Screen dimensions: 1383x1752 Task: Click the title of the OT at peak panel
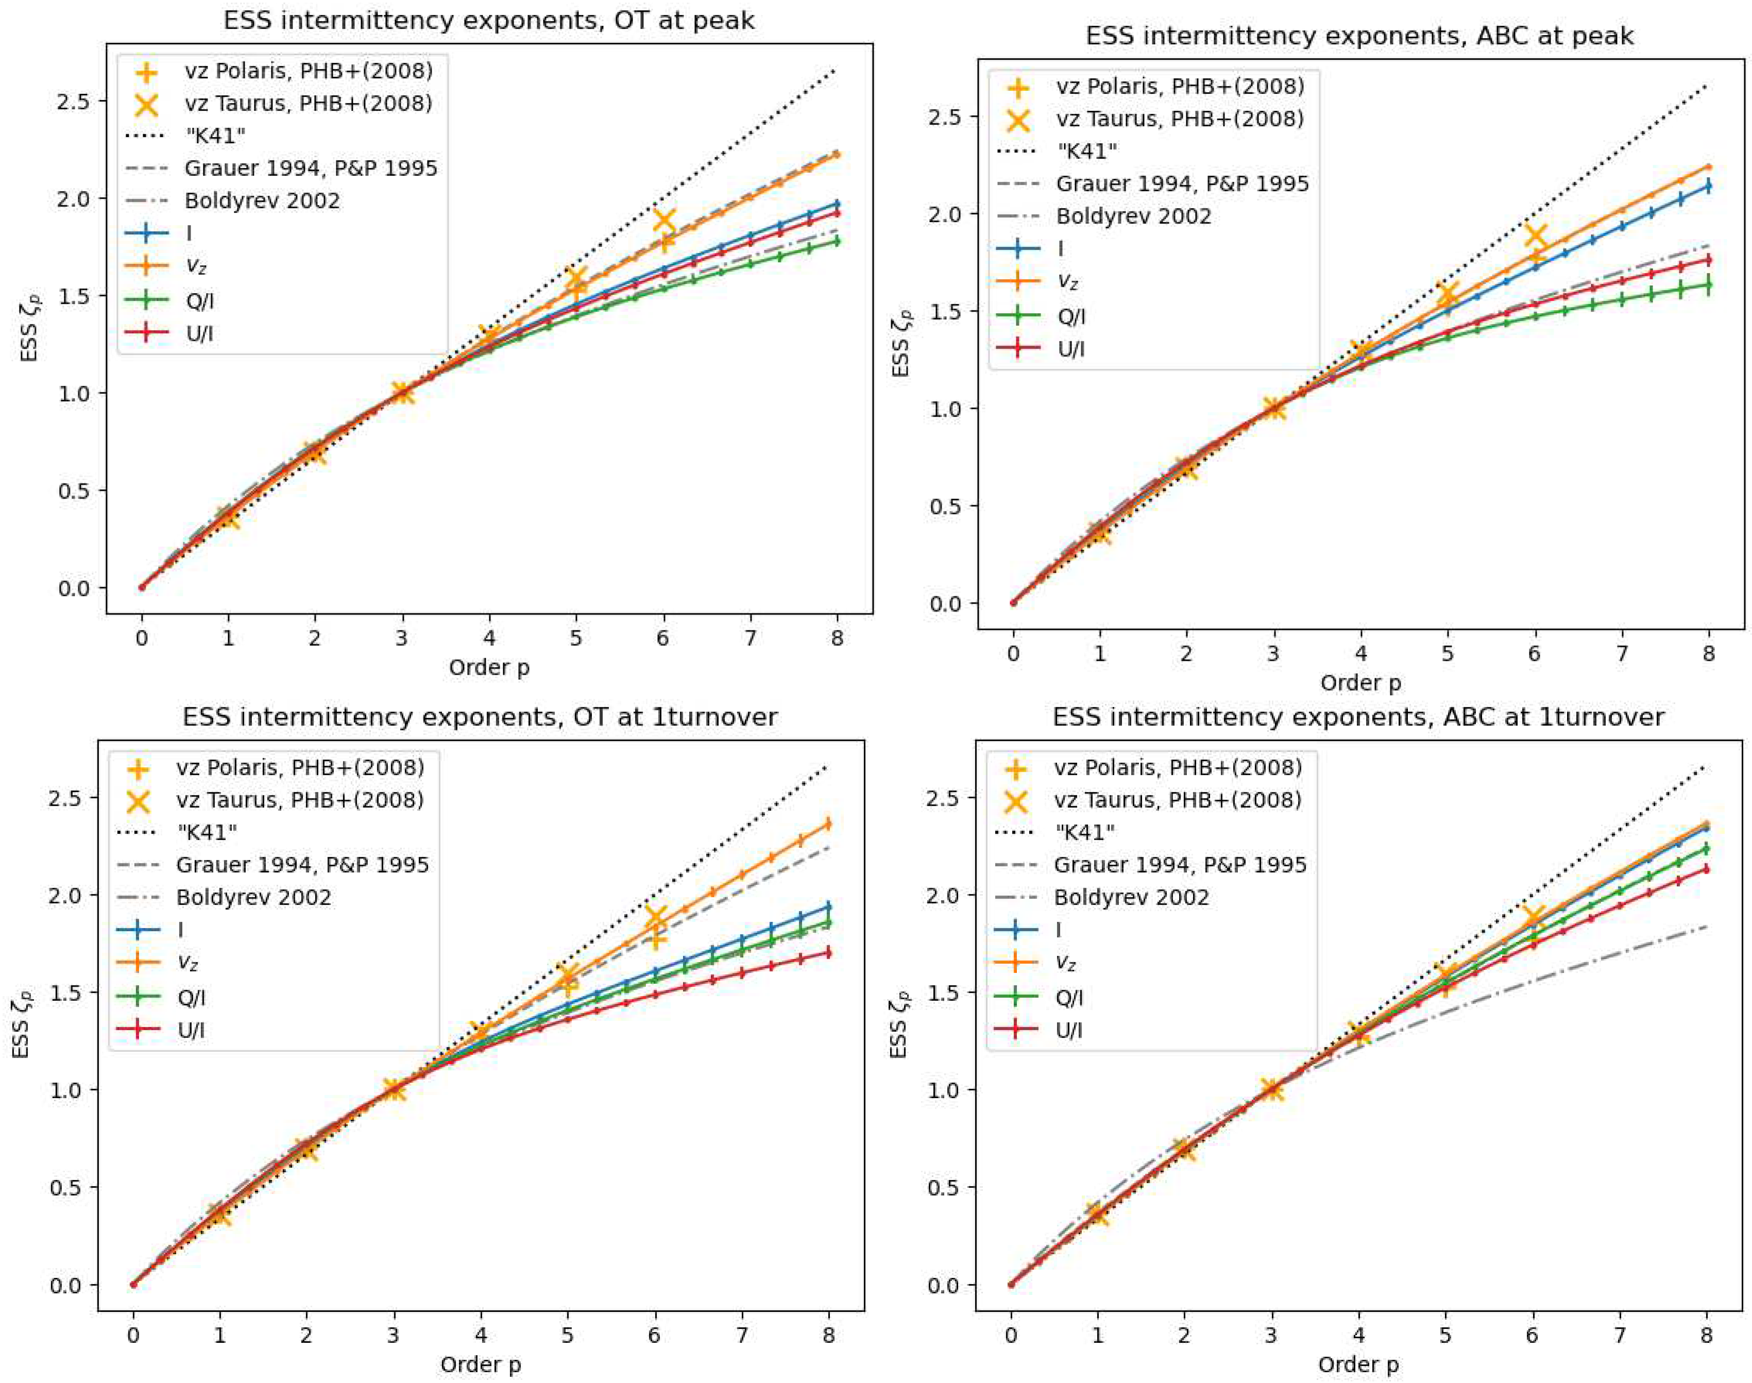[x=488, y=20]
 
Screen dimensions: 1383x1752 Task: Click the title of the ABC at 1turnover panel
[x=1358, y=716]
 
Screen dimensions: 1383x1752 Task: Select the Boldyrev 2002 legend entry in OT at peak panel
[x=262, y=201]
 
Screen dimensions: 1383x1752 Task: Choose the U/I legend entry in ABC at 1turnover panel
[x=1069, y=1030]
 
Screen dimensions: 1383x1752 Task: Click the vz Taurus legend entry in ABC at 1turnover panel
[x=1177, y=800]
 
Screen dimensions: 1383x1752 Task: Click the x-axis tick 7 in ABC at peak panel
[x=1622, y=654]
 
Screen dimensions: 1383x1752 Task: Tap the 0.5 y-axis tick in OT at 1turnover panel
[x=66, y=1188]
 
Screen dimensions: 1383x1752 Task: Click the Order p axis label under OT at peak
[x=489, y=667]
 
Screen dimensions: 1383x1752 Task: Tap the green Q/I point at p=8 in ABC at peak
[x=1708, y=284]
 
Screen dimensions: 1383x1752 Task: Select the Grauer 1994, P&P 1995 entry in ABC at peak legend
[x=1182, y=184]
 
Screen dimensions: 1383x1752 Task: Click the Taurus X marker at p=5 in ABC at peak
[x=1448, y=295]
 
